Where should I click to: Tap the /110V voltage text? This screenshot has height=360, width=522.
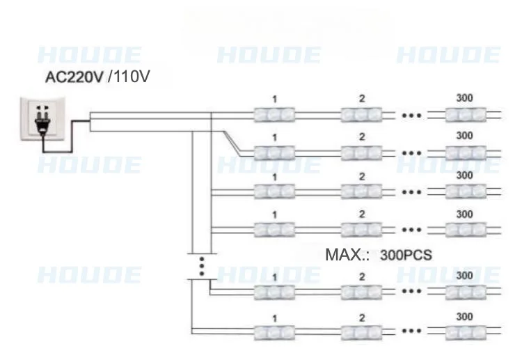tap(129, 77)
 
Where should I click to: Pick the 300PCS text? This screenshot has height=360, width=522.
tap(406, 255)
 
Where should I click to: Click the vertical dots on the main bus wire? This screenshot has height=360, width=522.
tap(201, 266)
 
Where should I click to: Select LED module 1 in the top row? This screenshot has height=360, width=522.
tap(274, 114)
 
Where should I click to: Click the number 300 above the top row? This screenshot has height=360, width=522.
tap(464, 97)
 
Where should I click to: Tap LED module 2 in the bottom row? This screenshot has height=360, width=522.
tap(362, 333)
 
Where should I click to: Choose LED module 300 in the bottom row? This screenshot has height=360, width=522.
tap(464, 333)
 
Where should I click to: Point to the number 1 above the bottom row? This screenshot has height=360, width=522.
tap(275, 318)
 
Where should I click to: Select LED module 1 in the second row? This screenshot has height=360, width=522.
tap(274, 152)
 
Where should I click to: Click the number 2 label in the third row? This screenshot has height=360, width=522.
tap(362, 176)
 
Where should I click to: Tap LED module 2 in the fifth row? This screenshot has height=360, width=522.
tap(362, 293)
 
